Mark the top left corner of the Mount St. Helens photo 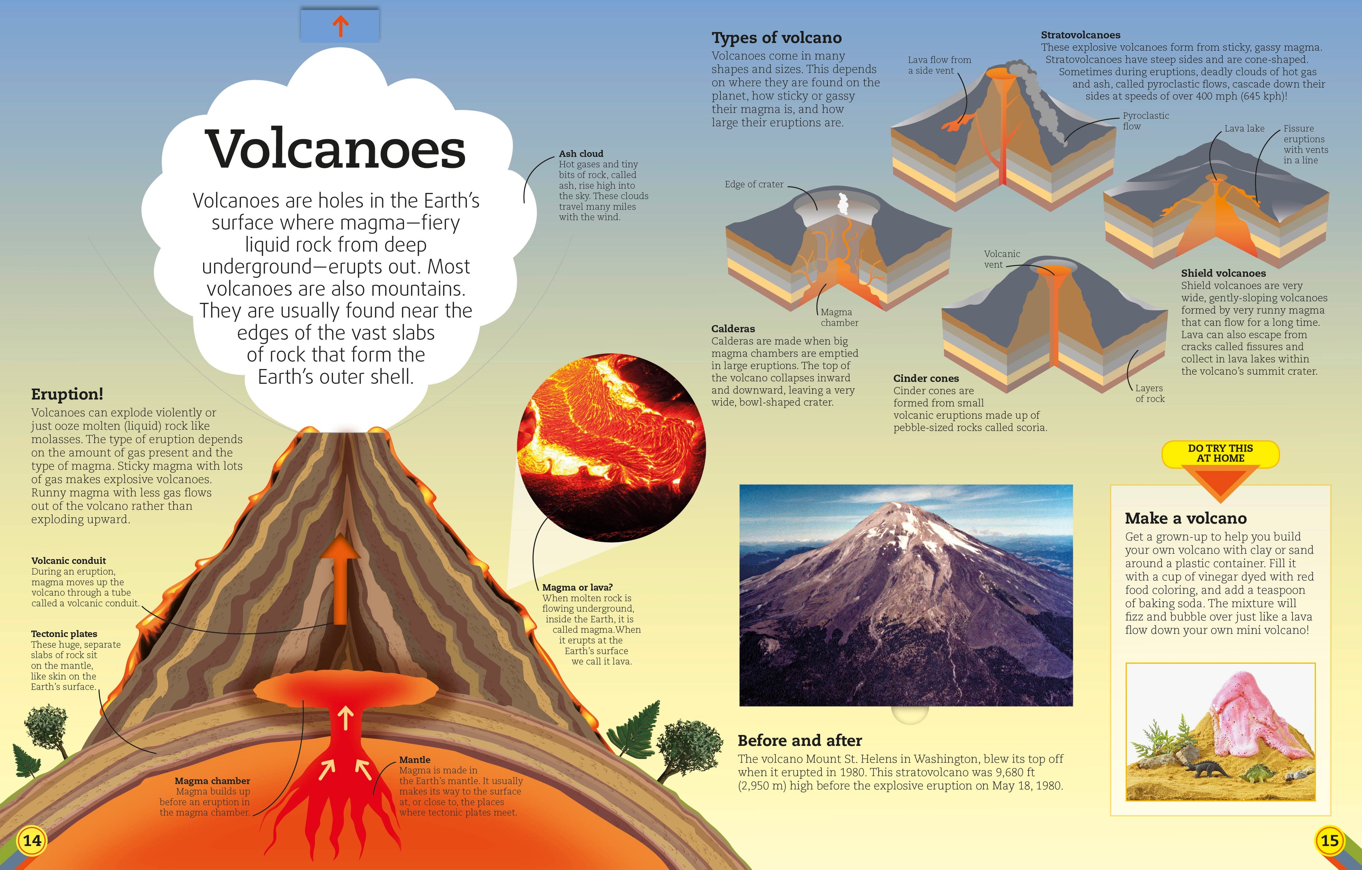coord(740,485)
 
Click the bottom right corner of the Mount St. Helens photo coord(1073,706)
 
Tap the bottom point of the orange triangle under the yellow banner coord(1220,503)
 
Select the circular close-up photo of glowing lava coord(611,448)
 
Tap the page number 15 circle coord(1330,840)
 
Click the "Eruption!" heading coord(67,394)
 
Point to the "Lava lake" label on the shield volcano coord(1244,128)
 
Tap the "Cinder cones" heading coord(926,378)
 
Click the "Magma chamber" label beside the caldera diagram coord(840,317)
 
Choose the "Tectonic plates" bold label coord(64,634)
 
